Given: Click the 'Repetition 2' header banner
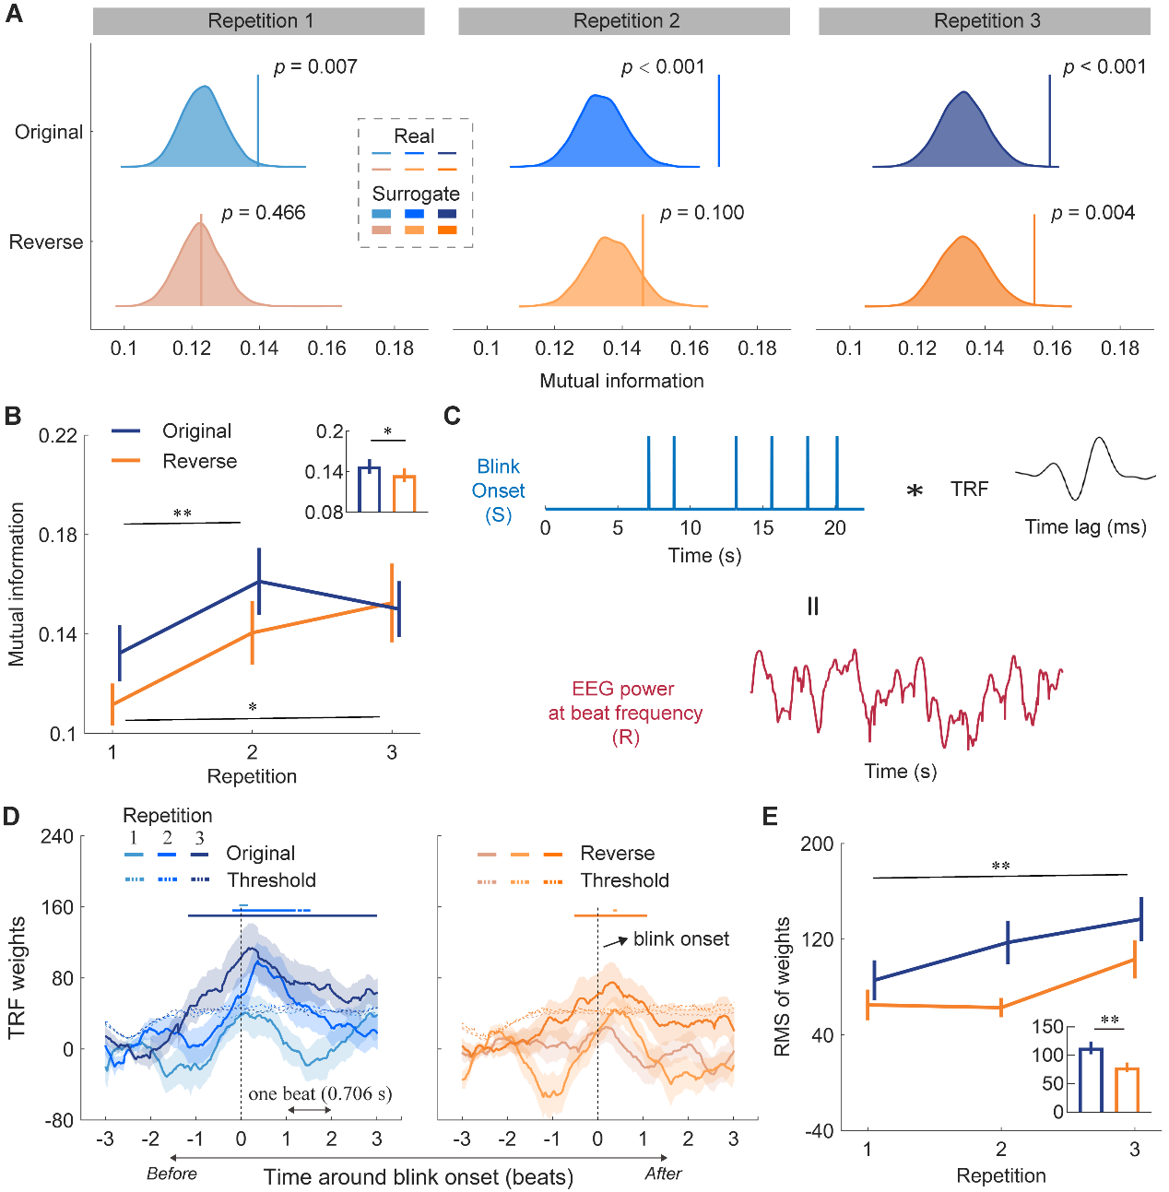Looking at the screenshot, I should pyautogui.click(x=623, y=21).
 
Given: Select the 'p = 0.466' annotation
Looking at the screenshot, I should pyautogui.click(x=264, y=213).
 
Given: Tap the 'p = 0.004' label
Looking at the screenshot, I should pyautogui.click(x=1092, y=213).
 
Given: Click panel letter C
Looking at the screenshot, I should pyautogui.click(x=452, y=416).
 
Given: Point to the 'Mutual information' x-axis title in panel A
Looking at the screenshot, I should pyautogui.click(x=621, y=381).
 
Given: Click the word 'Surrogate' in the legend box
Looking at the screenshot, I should pyautogui.click(x=416, y=194).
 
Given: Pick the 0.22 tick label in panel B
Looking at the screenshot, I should pyautogui.click(x=57, y=435).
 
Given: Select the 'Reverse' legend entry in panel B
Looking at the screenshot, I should pyautogui.click(x=199, y=461).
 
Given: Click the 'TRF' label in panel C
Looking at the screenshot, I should pyautogui.click(x=969, y=490).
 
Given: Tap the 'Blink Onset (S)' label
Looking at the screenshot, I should pyautogui.click(x=498, y=490).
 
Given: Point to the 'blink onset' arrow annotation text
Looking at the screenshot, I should pyautogui.click(x=680, y=938).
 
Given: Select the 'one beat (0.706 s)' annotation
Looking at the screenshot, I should pyautogui.click(x=320, y=1094).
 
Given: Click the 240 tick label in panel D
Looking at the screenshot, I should pyautogui.click(x=56, y=837).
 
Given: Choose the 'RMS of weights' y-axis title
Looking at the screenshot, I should pyautogui.click(x=782, y=986).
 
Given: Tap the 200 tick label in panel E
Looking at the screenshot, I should pyautogui.click(x=817, y=844).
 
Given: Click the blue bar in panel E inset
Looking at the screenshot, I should pyautogui.click(x=1091, y=1080).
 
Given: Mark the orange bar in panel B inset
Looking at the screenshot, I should pyautogui.click(x=404, y=493).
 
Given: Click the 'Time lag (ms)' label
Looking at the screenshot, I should pyautogui.click(x=1085, y=527).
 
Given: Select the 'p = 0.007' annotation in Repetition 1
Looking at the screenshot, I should pyautogui.click(x=315, y=67).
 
